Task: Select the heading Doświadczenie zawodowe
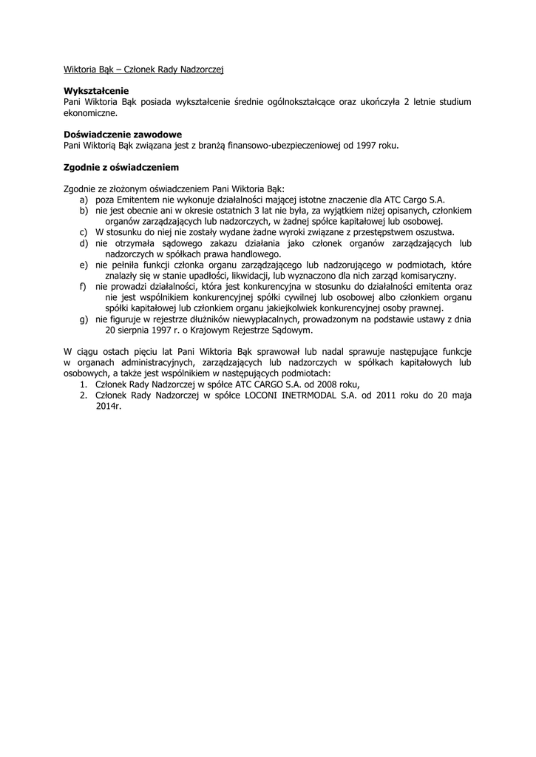tap(123, 135)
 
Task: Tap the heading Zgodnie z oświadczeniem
tap(121, 168)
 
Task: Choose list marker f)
tap(83, 286)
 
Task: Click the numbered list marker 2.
tap(84, 396)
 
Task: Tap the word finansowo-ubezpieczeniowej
tap(280, 146)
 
